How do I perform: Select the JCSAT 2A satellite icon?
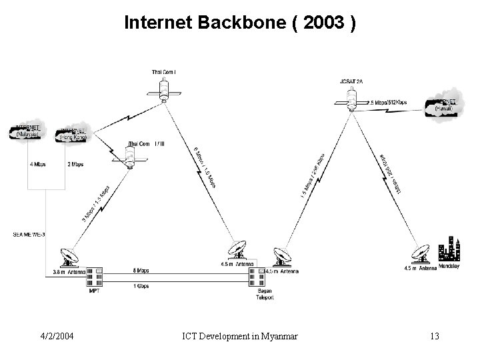pyautogui.click(x=352, y=101)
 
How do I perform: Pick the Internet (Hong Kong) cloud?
pyautogui.click(x=75, y=133)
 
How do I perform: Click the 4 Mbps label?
pyautogui.click(x=37, y=164)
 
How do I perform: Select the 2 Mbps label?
pyautogui.click(x=76, y=164)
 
